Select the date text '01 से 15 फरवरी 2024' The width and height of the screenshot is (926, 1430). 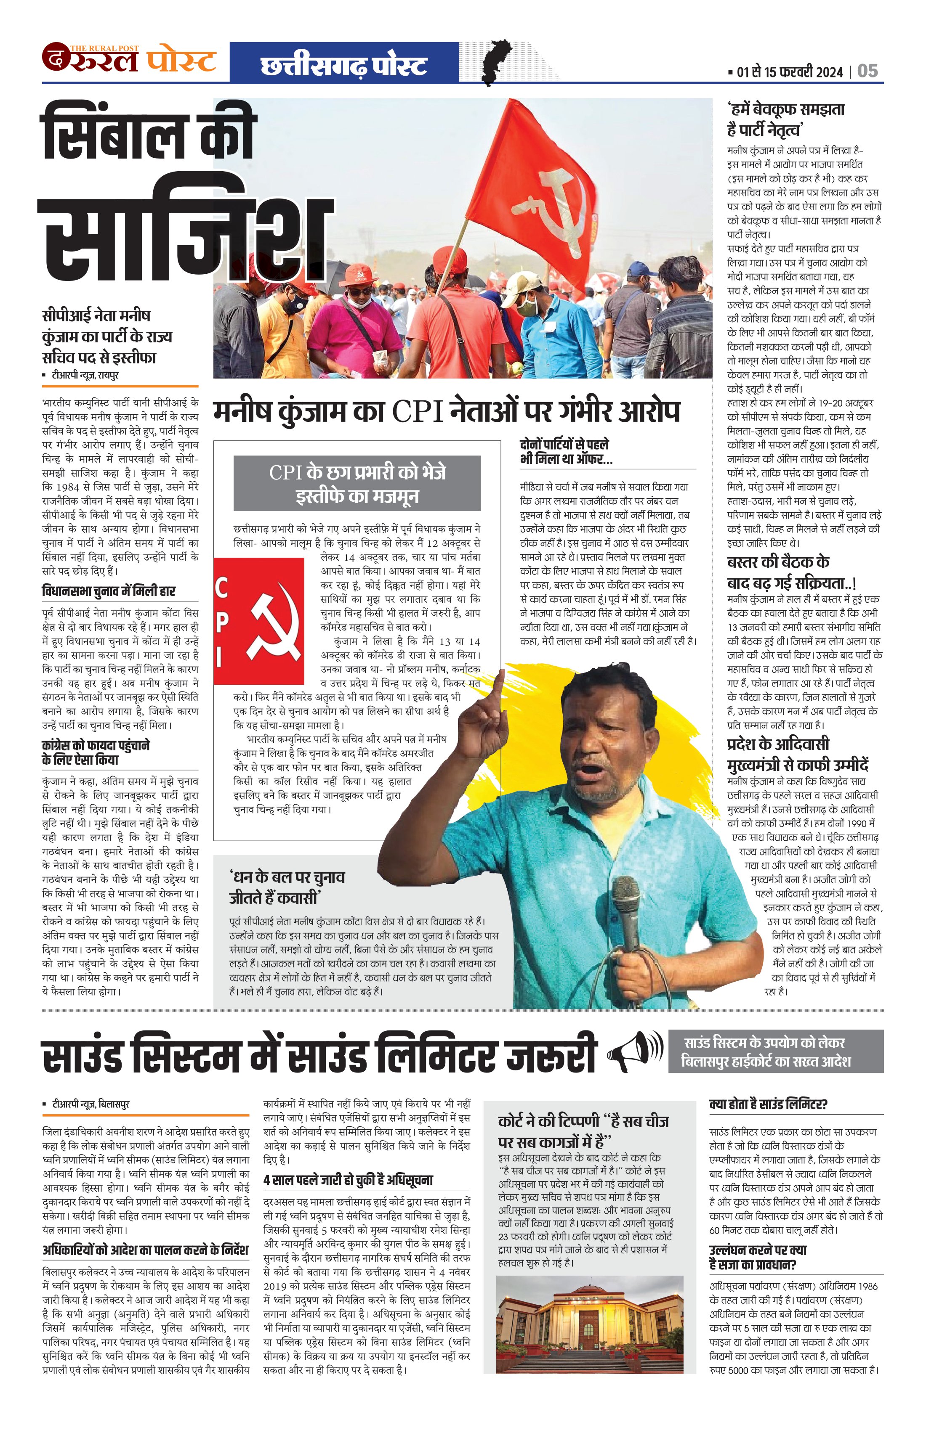(x=790, y=72)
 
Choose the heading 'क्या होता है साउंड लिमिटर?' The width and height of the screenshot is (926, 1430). (x=769, y=1104)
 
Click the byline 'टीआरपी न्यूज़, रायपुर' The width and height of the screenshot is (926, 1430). (x=85, y=375)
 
